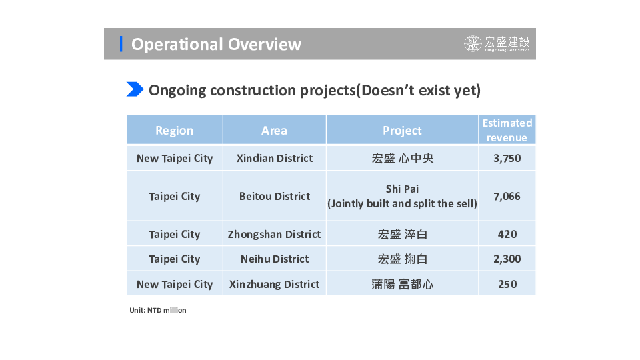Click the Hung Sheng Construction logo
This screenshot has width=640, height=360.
click(497, 44)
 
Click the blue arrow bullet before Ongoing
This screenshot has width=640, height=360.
click(135, 89)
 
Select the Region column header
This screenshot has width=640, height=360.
click(174, 131)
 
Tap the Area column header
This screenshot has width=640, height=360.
click(274, 131)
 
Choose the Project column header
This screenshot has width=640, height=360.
click(402, 131)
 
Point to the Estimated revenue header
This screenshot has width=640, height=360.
click(507, 130)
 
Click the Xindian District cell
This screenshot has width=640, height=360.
click(275, 159)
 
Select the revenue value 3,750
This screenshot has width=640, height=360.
click(507, 159)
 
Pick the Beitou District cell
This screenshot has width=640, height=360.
click(275, 196)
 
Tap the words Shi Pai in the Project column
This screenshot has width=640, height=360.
click(402, 189)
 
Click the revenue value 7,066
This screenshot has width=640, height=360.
click(507, 196)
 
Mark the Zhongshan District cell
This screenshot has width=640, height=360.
click(274, 234)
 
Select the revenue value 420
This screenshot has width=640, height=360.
click(507, 234)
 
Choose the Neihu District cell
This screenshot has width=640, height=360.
click(275, 259)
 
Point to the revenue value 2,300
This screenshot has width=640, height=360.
click(507, 259)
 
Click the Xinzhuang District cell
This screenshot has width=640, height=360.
click(274, 284)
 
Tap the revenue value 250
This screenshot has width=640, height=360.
click(507, 284)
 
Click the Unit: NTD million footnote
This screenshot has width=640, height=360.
click(158, 310)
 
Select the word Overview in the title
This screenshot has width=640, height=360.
click(265, 44)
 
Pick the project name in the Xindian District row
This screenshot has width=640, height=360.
click(403, 159)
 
